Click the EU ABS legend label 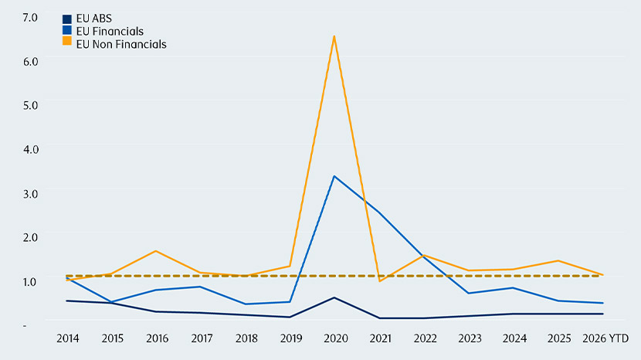(94, 19)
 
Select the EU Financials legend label (110, 31)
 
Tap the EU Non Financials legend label (121, 44)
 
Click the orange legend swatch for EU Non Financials (67, 41)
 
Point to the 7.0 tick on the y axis (30, 18)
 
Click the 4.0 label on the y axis (31, 149)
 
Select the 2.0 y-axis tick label (30, 237)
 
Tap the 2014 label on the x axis (68, 338)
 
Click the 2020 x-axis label (336, 338)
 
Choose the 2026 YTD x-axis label (605, 338)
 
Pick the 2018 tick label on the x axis (246, 338)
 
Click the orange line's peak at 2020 (334, 36)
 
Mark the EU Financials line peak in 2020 (334, 176)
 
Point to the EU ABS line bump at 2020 (334, 297)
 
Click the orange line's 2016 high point (156, 251)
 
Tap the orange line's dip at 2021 (380, 281)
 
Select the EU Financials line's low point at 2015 (111, 302)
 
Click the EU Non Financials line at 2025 (558, 260)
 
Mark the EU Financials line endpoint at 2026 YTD (603, 303)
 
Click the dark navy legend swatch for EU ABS (67, 19)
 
